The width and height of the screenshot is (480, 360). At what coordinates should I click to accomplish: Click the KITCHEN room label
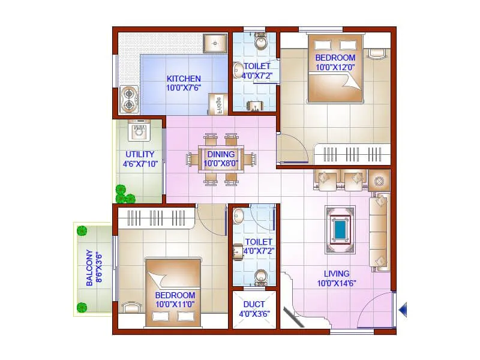pyautogui.click(x=184, y=79)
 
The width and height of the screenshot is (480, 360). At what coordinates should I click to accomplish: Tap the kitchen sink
pyautogui.click(x=214, y=43)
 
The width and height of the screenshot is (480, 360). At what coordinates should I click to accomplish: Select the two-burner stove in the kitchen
pyautogui.click(x=129, y=100)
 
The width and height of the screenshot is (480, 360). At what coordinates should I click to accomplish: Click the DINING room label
pyautogui.click(x=220, y=154)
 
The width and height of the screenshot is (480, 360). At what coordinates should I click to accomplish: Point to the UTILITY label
pyautogui.click(x=140, y=154)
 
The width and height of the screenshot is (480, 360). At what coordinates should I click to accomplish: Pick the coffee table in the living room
pyautogui.click(x=340, y=230)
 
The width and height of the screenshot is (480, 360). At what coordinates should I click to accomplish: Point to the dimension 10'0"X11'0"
pyautogui.click(x=175, y=304)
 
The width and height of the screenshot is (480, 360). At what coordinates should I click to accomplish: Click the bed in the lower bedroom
pyautogui.click(x=174, y=293)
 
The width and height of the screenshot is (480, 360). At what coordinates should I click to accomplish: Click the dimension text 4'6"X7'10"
pyautogui.click(x=140, y=163)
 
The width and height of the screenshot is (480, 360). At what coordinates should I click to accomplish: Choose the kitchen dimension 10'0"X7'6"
pyautogui.click(x=184, y=88)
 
